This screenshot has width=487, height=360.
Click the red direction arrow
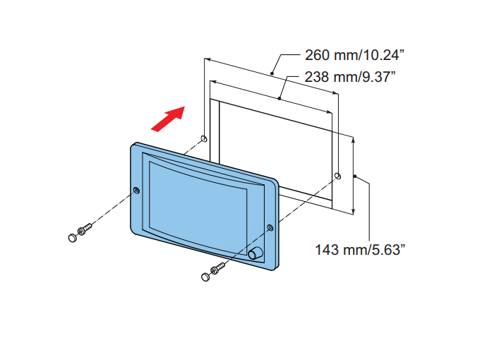168,119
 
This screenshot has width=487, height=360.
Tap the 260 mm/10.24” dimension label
355,55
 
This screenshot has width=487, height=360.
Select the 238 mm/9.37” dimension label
350,77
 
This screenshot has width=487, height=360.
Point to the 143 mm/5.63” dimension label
360,250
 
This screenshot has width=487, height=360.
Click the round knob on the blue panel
255,253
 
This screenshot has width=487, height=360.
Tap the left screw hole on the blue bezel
136,190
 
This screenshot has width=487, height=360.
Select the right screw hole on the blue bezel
270,228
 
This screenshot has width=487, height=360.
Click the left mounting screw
85,229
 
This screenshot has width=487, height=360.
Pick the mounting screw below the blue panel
218,268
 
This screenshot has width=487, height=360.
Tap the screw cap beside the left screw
72,238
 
